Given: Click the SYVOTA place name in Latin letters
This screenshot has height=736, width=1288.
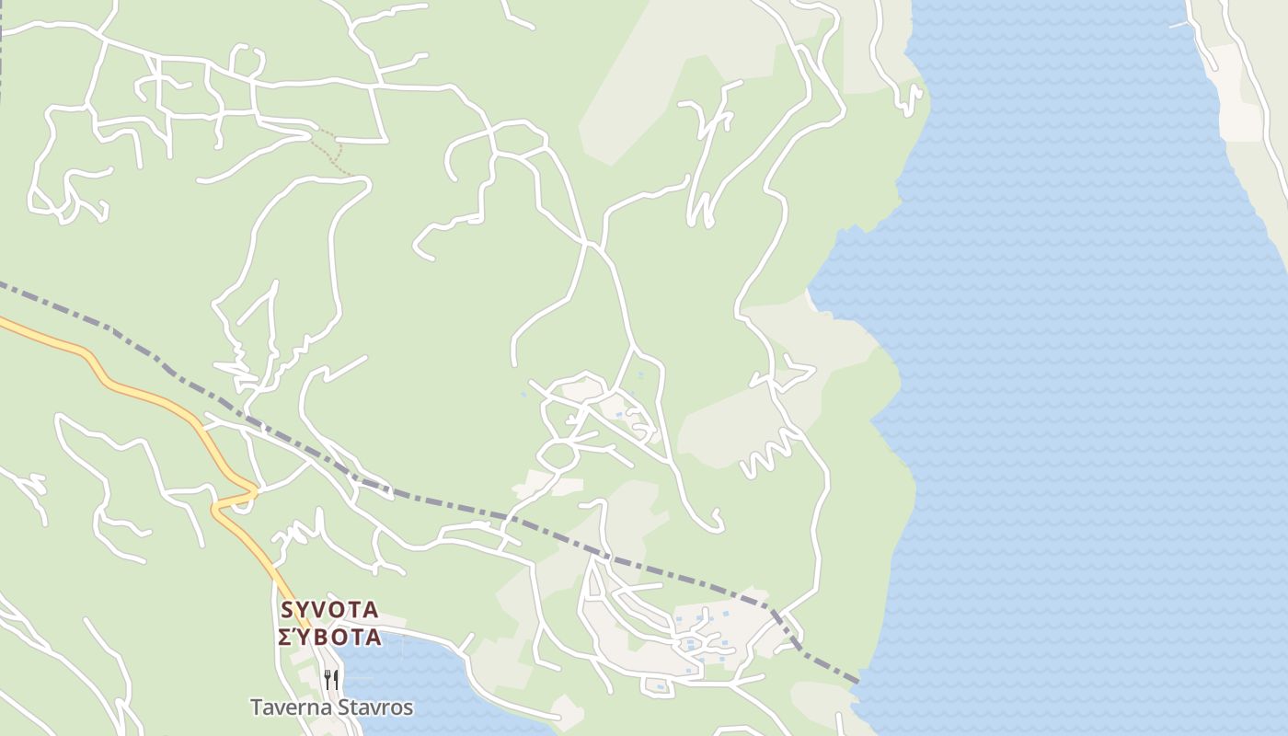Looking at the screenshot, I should [329, 610].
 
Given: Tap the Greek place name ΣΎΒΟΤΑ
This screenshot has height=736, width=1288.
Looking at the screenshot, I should [329, 638].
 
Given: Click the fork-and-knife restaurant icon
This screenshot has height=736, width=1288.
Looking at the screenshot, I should [331, 680].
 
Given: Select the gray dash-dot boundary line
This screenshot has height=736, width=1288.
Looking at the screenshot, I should [442, 500].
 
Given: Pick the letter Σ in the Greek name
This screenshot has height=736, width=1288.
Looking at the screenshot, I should [284, 638].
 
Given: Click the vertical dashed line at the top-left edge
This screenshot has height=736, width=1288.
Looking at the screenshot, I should [2, 55].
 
